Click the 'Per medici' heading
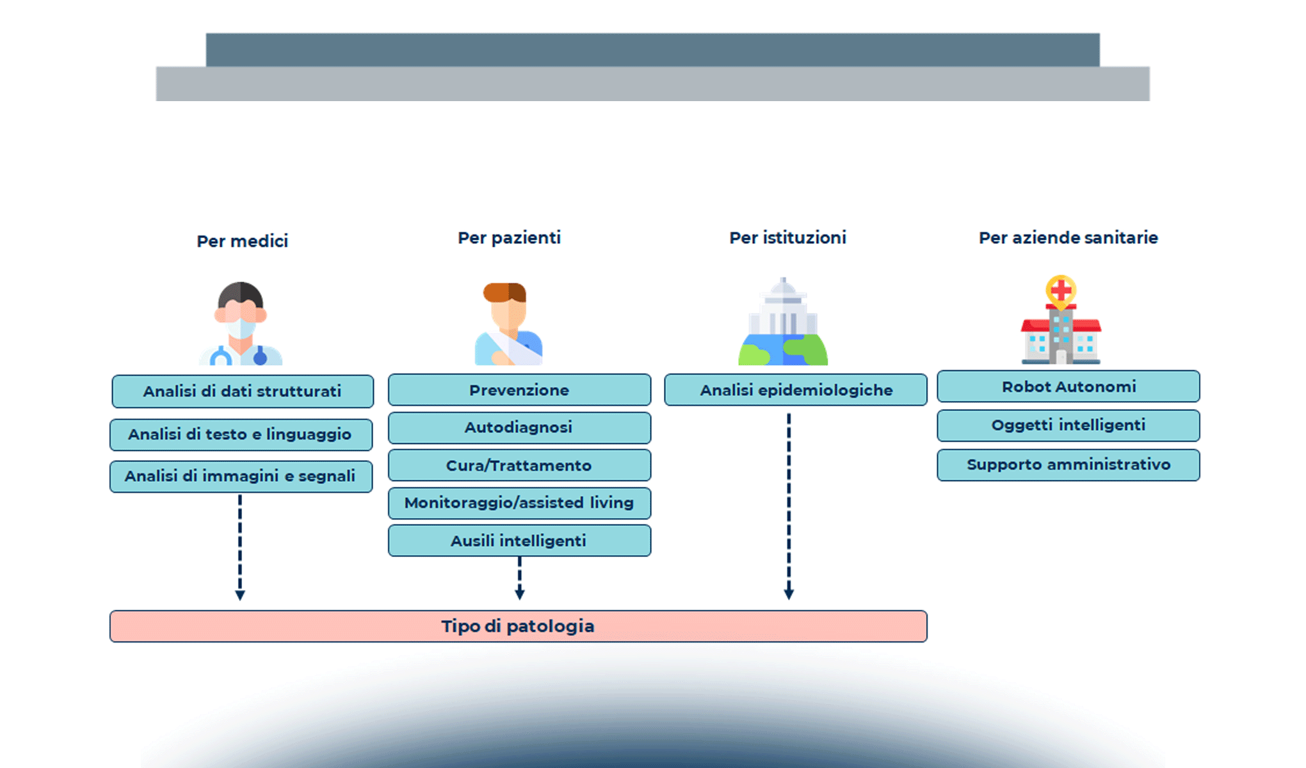click(x=242, y=241)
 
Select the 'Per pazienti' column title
click(x=509, y=238)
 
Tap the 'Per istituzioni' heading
click(x=787, y=238)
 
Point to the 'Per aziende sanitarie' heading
click(x=1068, y=238)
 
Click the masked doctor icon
click(x=241, y=324)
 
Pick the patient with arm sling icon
click(x=508, y=324)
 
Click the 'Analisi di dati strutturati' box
click(x=243, y=391)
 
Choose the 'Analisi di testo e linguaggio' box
click(x=241, y=435)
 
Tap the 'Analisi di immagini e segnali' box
click(x=241, y=476)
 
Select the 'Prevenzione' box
click(x=519, y=390)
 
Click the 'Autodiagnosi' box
click(x=519, y=428)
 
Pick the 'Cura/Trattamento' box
click(x=519, y=465)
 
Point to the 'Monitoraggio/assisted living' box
click(x=519, y=503)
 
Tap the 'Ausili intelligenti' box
click(x=519, y=541)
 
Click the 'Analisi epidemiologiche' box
click(x=796, y=390)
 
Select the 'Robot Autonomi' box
click(x=1068, y=387)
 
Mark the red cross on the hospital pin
click(x=1061, y=291)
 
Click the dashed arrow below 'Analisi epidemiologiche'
click(x=789, y=506)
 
